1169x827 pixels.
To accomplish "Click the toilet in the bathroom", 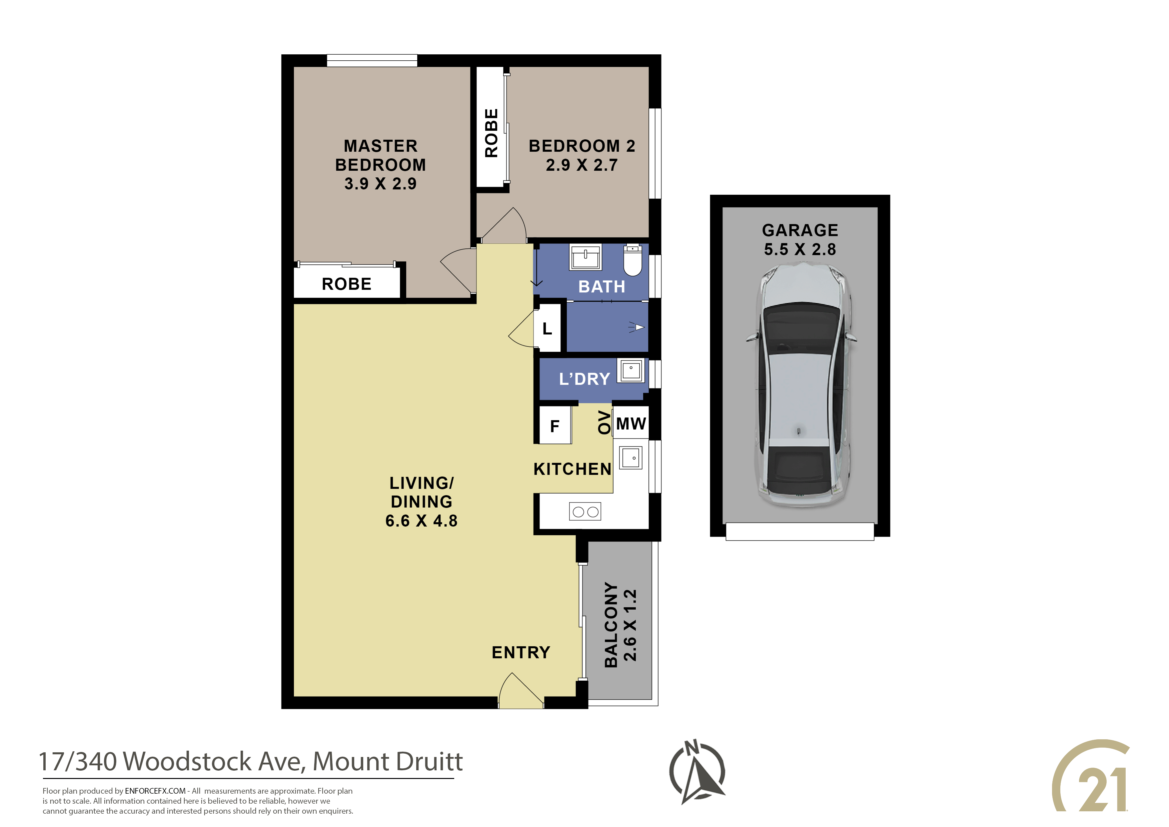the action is pyautogui.click(x=632, y=260).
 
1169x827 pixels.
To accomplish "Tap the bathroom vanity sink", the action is pyautogui.click(x=585, y=256).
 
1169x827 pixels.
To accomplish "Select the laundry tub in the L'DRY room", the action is pyautogui.click(x=631, y=370).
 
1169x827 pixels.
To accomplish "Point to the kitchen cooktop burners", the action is pyautogui.click(x=585, y=512).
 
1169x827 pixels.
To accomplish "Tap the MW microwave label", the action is pyautogui.click(x=631, y=424).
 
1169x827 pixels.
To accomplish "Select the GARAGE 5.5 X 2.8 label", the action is pyautogui.click(x=800, y=239).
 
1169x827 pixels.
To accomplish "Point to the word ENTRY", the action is pyautogui.click(x=521, y=652).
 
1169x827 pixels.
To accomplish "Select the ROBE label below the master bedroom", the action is pyautogui.click(x=347, y=284).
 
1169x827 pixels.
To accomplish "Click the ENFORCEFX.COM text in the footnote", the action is pyautogui.click(x=155, y=791).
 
